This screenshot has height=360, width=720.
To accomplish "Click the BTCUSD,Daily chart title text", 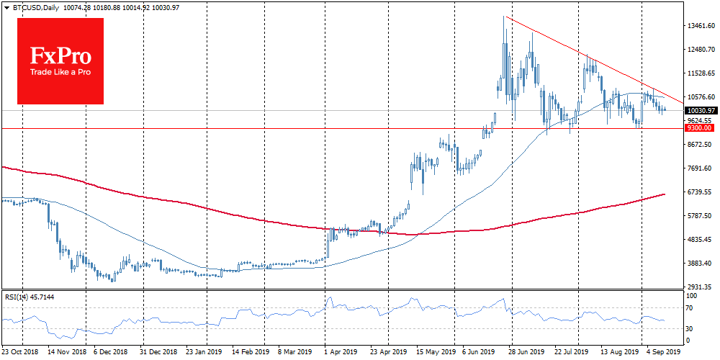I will tap(34, 7).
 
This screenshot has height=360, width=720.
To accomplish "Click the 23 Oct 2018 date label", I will tap(22, 353).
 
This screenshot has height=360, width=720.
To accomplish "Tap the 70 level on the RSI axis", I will tap(690, 308).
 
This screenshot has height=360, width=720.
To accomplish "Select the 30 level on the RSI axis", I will tap(690, 329).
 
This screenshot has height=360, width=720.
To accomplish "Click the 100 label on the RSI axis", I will tap(691, 295).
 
